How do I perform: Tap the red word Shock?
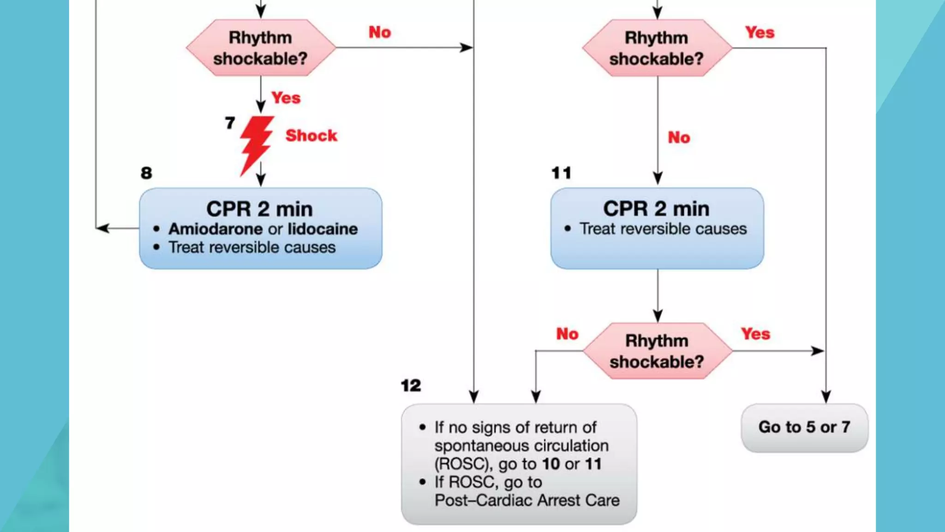[x=311, y=135]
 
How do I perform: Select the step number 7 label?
[x=230, y=123]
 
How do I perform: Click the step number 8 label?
[x=146, y=173]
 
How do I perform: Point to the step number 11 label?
[x=561, y=173]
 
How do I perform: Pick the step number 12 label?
[x=411, y=385]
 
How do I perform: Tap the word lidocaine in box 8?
[x=323, y=229]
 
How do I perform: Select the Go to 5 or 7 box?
[x=804, y=427]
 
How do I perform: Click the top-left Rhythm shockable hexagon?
[x=261, y=48]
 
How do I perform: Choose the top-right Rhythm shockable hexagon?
[x=657, y=48]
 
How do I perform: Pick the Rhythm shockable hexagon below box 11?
[x=657, y=351]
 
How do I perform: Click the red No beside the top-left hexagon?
[x=379, y=32]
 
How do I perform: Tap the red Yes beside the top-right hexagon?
[x=760, y=32]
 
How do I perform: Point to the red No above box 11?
[x=679, y=137]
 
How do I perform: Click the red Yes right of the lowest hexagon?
[x=755, y=333]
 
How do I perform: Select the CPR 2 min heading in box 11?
[x=656, y=209]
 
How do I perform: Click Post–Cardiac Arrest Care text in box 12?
[x=527, y=500]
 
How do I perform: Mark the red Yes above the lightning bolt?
[x=286, y=97]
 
